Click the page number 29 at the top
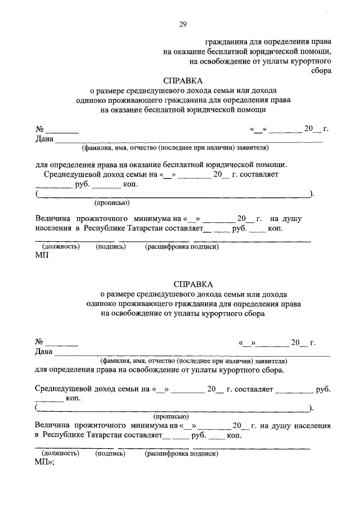pyautogui.click(x=183, y=24)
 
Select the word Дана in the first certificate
pyautogui.click(x=44, y=139)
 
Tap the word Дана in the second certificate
pyautogui.click(x=44, y=352)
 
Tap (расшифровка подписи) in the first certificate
pyautogui.click(x=182, y=246)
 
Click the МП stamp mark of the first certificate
pyautogui.click(x=42, y=256)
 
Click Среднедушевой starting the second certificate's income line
pyautogui.click(x=63, y=389)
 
